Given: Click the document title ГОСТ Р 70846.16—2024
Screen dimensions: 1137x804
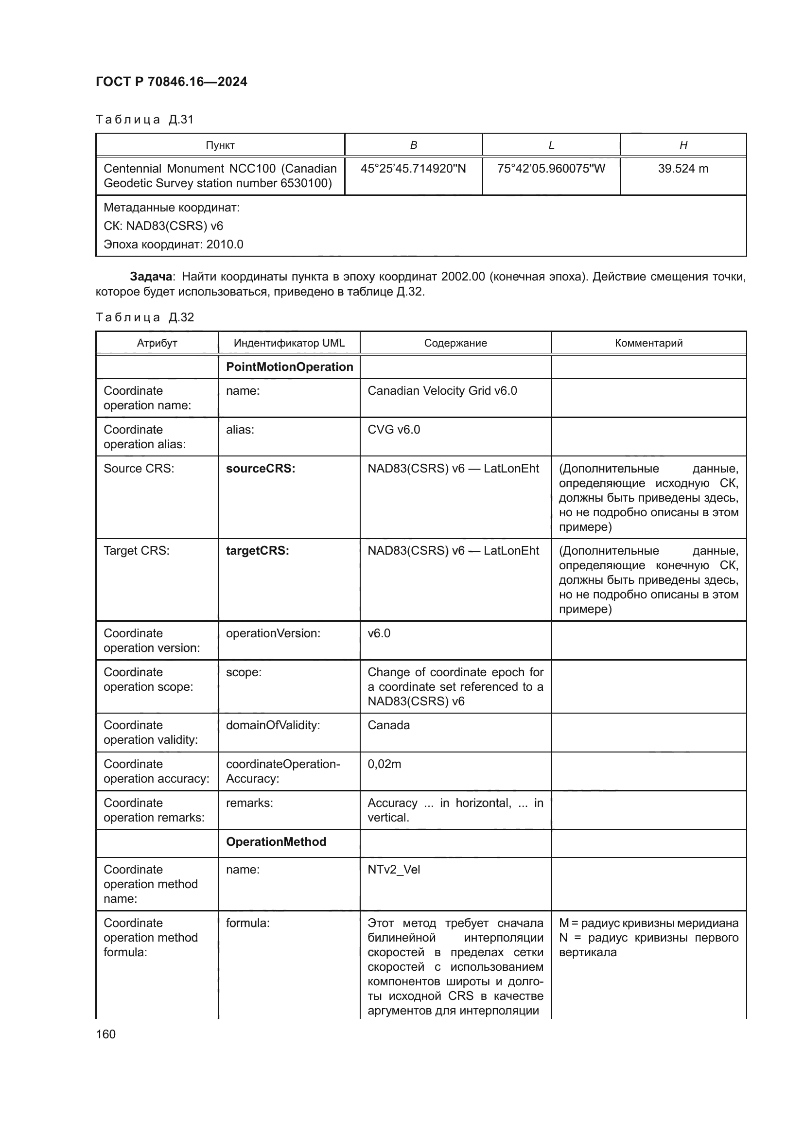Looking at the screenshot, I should coord(171,82).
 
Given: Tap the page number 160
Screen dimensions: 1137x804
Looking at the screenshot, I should coord(105,1034).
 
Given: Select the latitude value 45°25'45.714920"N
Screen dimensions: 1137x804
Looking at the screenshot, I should coord(413,169).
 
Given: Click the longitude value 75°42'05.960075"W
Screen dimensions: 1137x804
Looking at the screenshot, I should coord(551,169).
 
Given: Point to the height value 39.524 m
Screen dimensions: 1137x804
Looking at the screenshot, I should coord(682,169).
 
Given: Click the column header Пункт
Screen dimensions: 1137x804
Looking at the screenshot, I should coord(220,145).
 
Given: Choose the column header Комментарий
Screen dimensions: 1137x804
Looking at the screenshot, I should coord(648,343).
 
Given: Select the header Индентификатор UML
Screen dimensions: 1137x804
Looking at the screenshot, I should coord(289,343).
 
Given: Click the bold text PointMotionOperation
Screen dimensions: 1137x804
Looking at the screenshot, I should coord(289,367).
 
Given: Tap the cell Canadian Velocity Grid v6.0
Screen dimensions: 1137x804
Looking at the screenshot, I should coord(441,391).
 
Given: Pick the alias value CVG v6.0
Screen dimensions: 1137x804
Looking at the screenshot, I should coord(394,429).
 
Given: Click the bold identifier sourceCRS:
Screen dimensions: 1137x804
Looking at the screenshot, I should coord(261,469).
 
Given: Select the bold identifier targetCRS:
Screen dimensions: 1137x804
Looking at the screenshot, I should coord(258,551).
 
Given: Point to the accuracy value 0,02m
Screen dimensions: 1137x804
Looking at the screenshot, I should coord(384,764).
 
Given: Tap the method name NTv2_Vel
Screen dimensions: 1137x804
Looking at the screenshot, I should coord(394,870).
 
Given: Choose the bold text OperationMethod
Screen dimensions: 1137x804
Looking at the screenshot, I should coord(276,842).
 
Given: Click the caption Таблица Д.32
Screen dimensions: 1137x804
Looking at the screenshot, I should coord(144,317).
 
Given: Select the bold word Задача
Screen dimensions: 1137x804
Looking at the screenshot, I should coord(151,276).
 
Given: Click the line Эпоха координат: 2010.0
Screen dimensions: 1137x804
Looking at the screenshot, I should coord(173,245).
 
